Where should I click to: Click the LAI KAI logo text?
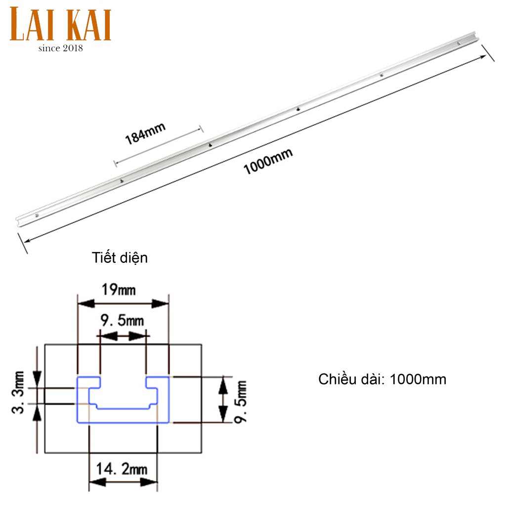coord(60,24)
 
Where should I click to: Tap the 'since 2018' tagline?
coord(61,48)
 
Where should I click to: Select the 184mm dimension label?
coord(145,133)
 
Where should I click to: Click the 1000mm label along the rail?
coord(268,161)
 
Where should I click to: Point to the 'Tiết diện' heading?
coord(120,258)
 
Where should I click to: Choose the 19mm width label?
coord(119,290)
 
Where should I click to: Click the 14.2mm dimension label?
coord(122,468)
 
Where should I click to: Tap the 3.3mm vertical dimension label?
coord(18,392)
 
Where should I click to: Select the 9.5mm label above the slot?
coord(122,320)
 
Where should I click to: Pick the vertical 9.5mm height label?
coord(241,402)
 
